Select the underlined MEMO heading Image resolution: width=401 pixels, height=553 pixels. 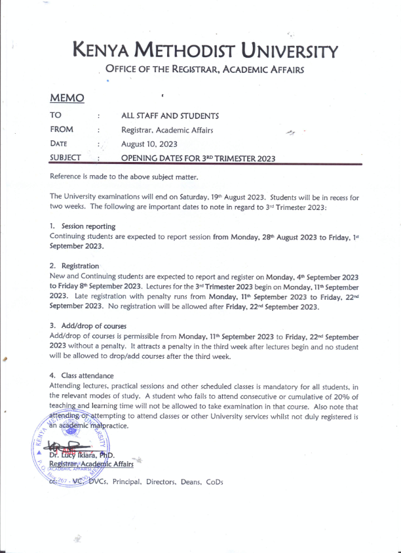[67, 98]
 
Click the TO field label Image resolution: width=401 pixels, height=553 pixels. [56, 115]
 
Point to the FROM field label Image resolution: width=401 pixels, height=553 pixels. [62, 130]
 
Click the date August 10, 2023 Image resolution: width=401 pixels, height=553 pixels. [148, 144]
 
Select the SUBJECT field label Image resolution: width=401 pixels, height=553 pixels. [66, 157]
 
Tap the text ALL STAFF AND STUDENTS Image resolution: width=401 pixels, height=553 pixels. [170, 116]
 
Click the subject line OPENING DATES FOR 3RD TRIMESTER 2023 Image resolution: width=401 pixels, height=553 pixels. [198, 158]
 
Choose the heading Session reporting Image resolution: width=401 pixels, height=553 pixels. [88, 226]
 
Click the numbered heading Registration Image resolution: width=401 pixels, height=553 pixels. [80, 266]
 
